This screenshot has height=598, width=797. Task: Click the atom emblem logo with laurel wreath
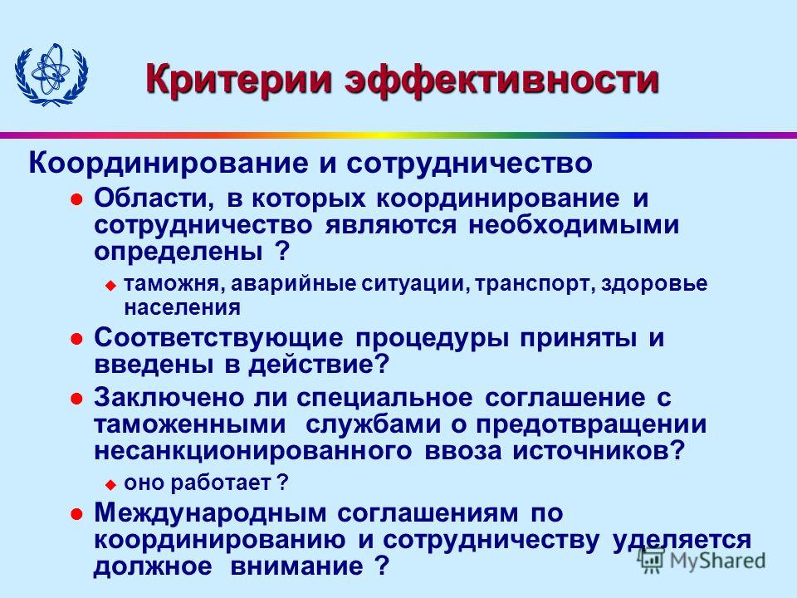51,75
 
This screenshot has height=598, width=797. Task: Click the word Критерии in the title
239,79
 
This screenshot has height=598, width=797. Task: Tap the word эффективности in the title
502,79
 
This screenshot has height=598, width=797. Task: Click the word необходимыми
574,225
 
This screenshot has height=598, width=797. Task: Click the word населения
182,307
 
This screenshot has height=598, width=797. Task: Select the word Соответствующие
218,339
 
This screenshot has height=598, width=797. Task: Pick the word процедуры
432,339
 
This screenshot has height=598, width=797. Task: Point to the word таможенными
190,425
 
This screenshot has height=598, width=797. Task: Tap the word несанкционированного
252,452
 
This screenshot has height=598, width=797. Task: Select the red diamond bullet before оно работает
110,484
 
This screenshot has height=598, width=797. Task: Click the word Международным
210,513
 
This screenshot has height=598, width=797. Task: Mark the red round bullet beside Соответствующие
76,339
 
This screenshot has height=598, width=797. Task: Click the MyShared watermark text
717,561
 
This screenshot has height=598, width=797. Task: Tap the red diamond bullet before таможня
110,286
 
